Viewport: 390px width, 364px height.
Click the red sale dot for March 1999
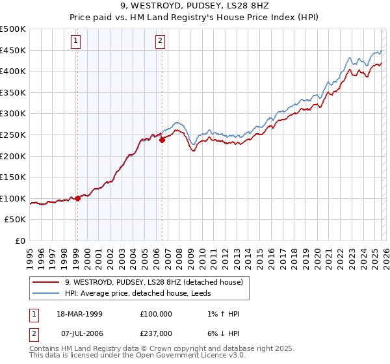(x=77, y=198)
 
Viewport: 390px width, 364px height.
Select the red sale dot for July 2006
(x=161, y=140)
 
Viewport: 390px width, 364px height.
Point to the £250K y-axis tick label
(x=13, y=135)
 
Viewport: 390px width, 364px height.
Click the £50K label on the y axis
(x=16, y=220)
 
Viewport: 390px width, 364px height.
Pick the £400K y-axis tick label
(x=13, y=71)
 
